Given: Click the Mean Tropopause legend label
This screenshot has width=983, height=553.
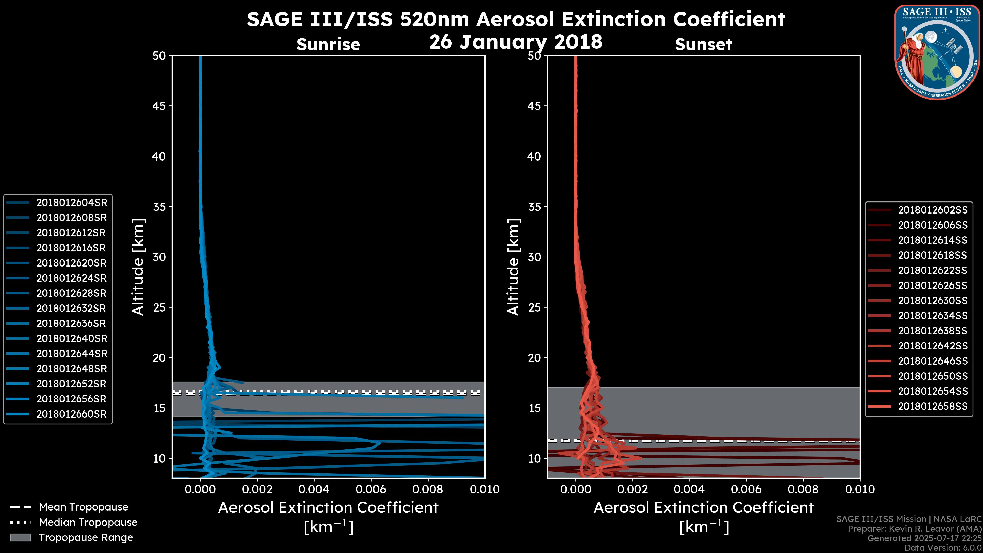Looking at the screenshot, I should [x=83, y=507].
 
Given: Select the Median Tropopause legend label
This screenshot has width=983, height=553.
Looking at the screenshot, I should [x=88, y=523].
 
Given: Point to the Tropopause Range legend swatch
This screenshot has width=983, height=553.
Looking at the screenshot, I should [x=20, y=538].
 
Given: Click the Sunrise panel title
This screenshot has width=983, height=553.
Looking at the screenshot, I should [x=328, y=45].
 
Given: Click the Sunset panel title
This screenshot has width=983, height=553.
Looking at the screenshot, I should [x=703, y=45].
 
